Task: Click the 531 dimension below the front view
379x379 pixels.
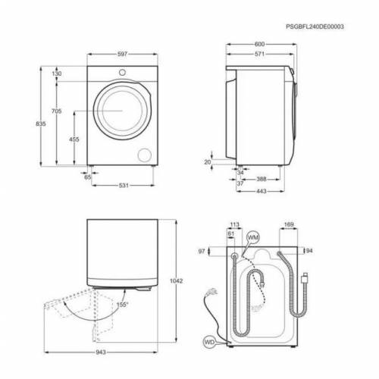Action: click(123, 185)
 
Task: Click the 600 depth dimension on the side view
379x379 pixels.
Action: click(260, 44)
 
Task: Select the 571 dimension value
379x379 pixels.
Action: click(258, 55)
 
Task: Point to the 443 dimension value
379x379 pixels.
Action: click(260, 191)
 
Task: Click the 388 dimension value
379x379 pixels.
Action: click(260, 179)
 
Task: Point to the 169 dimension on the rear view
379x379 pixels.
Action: click(288, 224)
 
